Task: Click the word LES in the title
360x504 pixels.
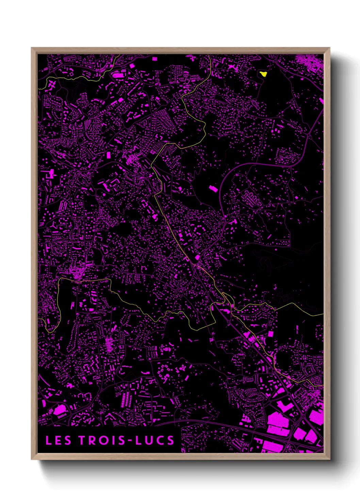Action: coord(58,440)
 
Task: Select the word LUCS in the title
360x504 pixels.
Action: coord(155,440)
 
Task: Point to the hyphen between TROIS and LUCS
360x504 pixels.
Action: coord(130,441)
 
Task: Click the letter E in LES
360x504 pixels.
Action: coord(58,440)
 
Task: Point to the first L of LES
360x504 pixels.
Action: coord(49,440)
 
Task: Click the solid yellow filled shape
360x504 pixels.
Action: coord(263,74)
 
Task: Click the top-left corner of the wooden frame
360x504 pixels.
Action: coord(32,48)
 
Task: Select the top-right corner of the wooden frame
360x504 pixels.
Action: coord(329,48)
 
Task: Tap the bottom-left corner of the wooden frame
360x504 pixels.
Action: coord(32,459)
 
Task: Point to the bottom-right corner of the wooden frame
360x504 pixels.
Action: coord(329,459)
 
